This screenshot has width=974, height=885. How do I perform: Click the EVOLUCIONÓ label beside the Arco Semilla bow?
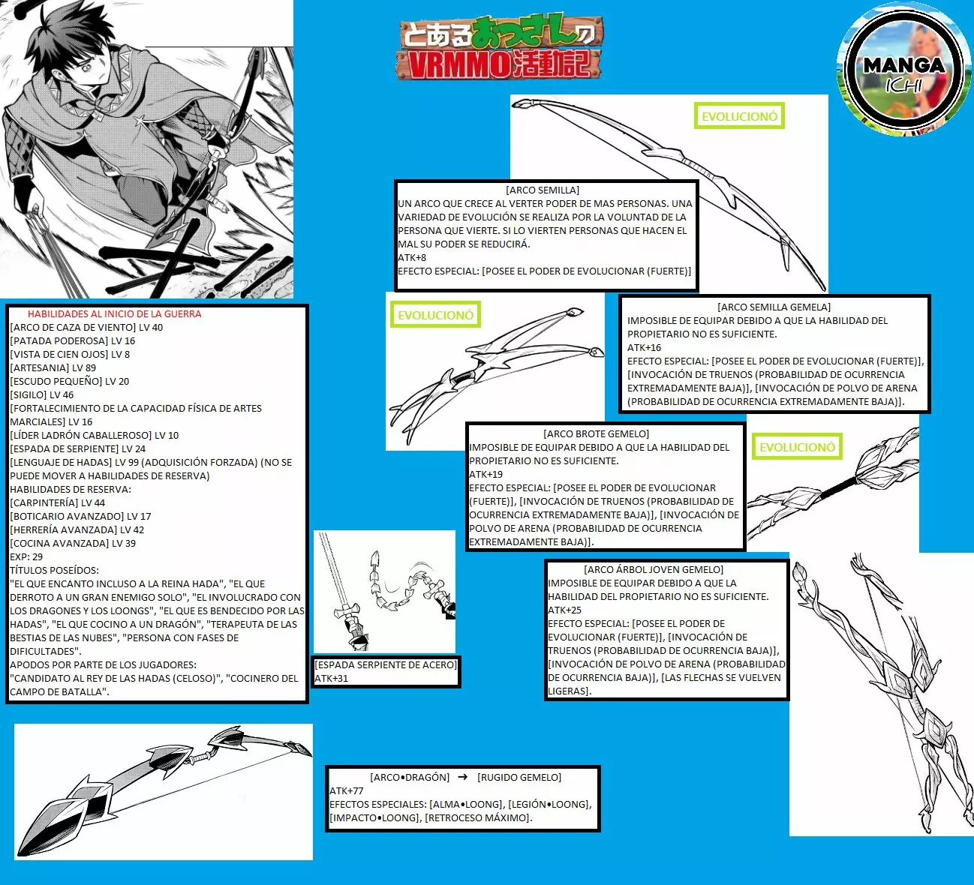click(738, 116)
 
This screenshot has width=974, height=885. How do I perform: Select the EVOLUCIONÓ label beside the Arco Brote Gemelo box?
click(797, 447)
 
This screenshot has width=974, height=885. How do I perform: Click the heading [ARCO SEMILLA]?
click(543, 190)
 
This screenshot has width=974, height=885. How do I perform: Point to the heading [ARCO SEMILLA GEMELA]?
click(774, 307)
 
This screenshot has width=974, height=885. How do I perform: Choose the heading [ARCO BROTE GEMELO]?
click(596, 433)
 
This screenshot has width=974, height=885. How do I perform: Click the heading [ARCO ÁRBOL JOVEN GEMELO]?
click(653, 569)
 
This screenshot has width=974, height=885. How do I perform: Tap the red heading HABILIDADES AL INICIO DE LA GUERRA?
click(114, 314)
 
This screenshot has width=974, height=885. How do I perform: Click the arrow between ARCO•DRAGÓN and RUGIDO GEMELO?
click(463, 777)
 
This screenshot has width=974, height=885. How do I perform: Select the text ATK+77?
click(347, 790)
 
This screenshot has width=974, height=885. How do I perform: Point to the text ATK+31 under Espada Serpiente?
click(332, 678)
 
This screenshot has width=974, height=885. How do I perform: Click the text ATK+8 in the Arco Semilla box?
click(412, 258)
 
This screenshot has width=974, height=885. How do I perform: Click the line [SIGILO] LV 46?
click(42, 394)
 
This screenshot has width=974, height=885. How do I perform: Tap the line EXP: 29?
click(26, 556)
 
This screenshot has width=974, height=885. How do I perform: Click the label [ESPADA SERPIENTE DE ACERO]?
click(385, 664)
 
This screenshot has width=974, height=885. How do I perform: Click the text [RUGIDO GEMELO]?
click(519, 777)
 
